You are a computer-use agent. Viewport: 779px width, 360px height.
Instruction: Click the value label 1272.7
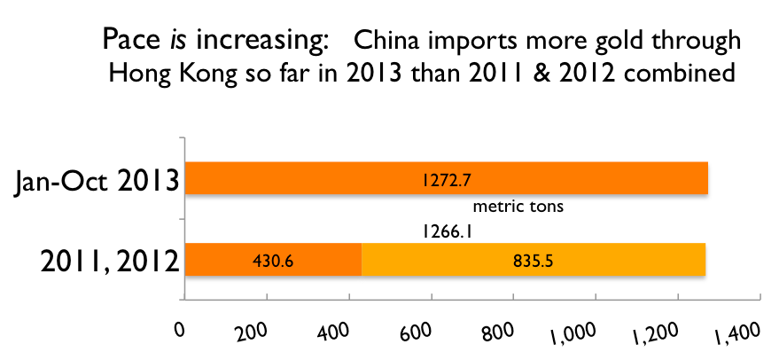[x=446, y=179]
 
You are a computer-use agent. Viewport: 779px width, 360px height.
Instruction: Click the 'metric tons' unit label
[x=519, y=207]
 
